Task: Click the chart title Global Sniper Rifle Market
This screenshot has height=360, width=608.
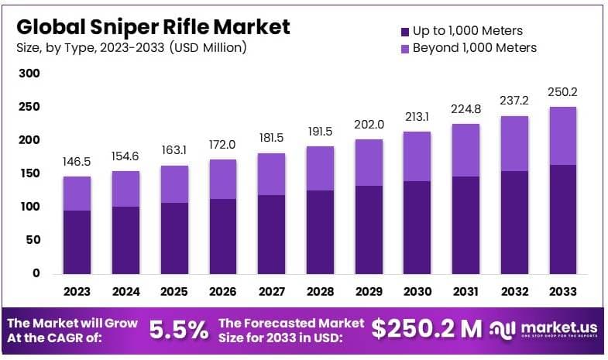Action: [153, 26]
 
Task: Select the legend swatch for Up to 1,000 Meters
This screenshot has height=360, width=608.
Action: [404, 32]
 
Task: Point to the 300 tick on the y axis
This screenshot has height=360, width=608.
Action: [29, 74]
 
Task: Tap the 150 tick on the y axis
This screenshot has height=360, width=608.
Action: [29, 173]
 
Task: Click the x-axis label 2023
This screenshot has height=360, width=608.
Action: [77, 292]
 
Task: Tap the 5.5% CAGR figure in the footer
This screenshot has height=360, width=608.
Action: [178, 330]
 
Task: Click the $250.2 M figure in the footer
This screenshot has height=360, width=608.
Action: [427, 329]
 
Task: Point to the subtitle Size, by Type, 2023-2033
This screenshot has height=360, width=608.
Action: [131, 48]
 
